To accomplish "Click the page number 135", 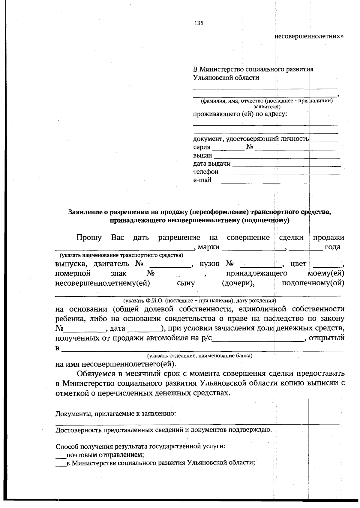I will coord(199,23).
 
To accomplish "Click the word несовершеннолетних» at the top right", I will coord(309,36).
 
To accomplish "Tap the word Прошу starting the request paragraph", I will coord(89,238).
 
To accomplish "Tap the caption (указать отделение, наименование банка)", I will coord(199,356).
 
